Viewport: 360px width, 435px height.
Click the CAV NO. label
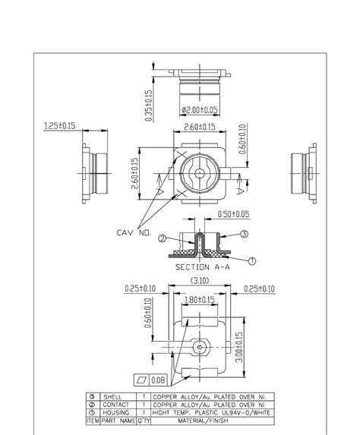(136, 232)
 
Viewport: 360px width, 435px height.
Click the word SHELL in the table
(112, 397)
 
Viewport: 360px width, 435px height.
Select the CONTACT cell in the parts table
(115, 405)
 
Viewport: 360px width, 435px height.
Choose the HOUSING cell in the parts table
(115, 412)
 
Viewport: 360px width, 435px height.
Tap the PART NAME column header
(118, 420)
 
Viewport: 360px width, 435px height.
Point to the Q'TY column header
(144, 420)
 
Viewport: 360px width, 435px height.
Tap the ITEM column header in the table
(93, 420)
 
